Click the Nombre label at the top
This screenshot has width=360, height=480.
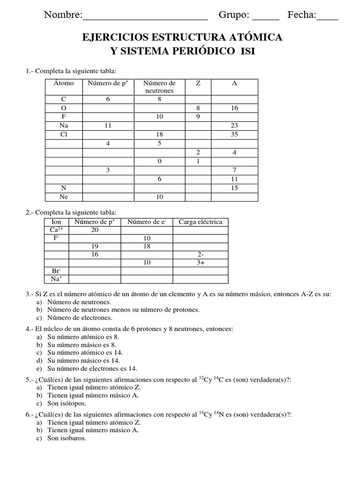click(x=62, y=15)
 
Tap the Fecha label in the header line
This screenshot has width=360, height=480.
click(x=301, y=15)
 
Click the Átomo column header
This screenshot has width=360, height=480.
click(x=63, y=83)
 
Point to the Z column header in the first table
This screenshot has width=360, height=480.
click(x=198, y=83)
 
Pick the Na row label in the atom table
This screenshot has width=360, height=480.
click(x=63, y=126)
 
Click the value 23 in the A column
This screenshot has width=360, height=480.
click(x=234, y=126)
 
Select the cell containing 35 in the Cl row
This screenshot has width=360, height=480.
click(x=234, y=135)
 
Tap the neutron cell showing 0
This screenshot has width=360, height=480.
click(x=159, y=161)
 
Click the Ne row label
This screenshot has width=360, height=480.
click(x=63, y=197)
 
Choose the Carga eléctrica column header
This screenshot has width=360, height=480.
click(x=200, y=222)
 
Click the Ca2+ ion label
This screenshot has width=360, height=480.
click(x=56, y=230)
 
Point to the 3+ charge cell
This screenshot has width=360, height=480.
click(x=201, y=263)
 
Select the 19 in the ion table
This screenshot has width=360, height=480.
click(x=95, y=247)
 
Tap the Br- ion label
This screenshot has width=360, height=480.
click(x=56, y=271)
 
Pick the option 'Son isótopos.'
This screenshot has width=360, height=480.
click(x=67, y=403)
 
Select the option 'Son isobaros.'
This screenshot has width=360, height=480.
click(x=67, y=438)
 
